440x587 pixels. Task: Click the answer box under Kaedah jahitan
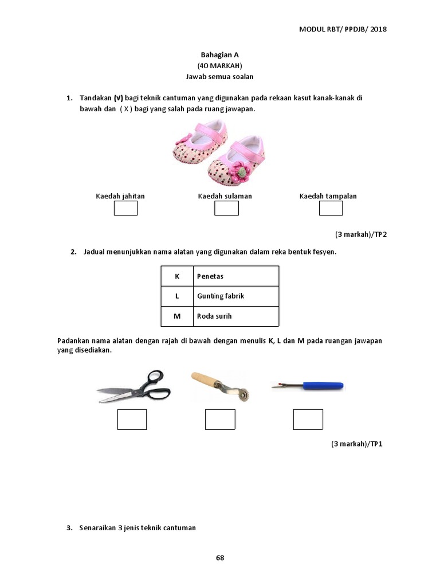125,208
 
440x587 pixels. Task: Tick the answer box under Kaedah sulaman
226,208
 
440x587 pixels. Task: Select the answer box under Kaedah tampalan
331,208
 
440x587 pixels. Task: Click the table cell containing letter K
177,276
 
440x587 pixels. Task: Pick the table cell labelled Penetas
236,276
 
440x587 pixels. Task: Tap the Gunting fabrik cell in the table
236,296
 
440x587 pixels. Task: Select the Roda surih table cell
236,316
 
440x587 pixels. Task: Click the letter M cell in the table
177,316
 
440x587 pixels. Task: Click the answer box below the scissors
132,420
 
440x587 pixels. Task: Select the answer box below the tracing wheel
220,420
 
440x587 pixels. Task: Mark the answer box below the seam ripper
308,420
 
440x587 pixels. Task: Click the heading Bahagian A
219,55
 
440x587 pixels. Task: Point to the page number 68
220,557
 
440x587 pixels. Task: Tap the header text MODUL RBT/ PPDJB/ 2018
343,29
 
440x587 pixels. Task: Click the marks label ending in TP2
358,234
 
